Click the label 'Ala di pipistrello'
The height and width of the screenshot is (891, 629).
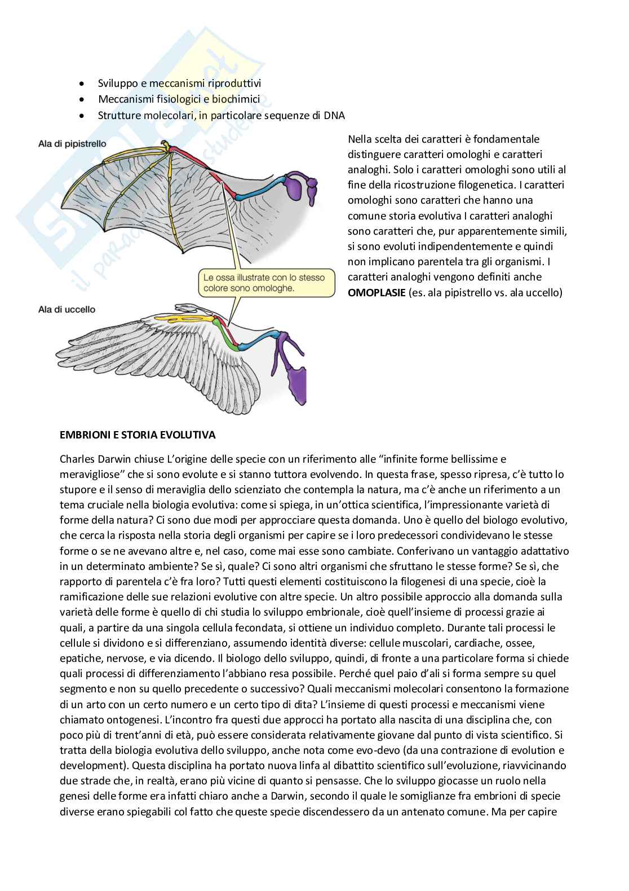coord(72,144)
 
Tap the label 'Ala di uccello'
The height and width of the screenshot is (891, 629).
coord(67,309)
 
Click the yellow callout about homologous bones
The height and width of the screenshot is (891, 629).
coord(263,283)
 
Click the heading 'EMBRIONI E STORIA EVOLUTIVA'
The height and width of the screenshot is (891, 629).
coord(138,435)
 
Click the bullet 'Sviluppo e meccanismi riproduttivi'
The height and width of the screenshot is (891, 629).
coord(179,84)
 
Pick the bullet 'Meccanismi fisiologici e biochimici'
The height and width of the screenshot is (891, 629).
coord(179,99)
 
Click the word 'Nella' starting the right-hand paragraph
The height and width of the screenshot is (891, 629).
coord(360,139)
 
